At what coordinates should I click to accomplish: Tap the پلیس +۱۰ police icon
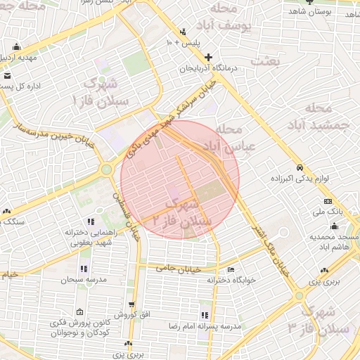click(184, 32)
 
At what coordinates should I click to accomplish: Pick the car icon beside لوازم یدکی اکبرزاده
click(300, 168)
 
